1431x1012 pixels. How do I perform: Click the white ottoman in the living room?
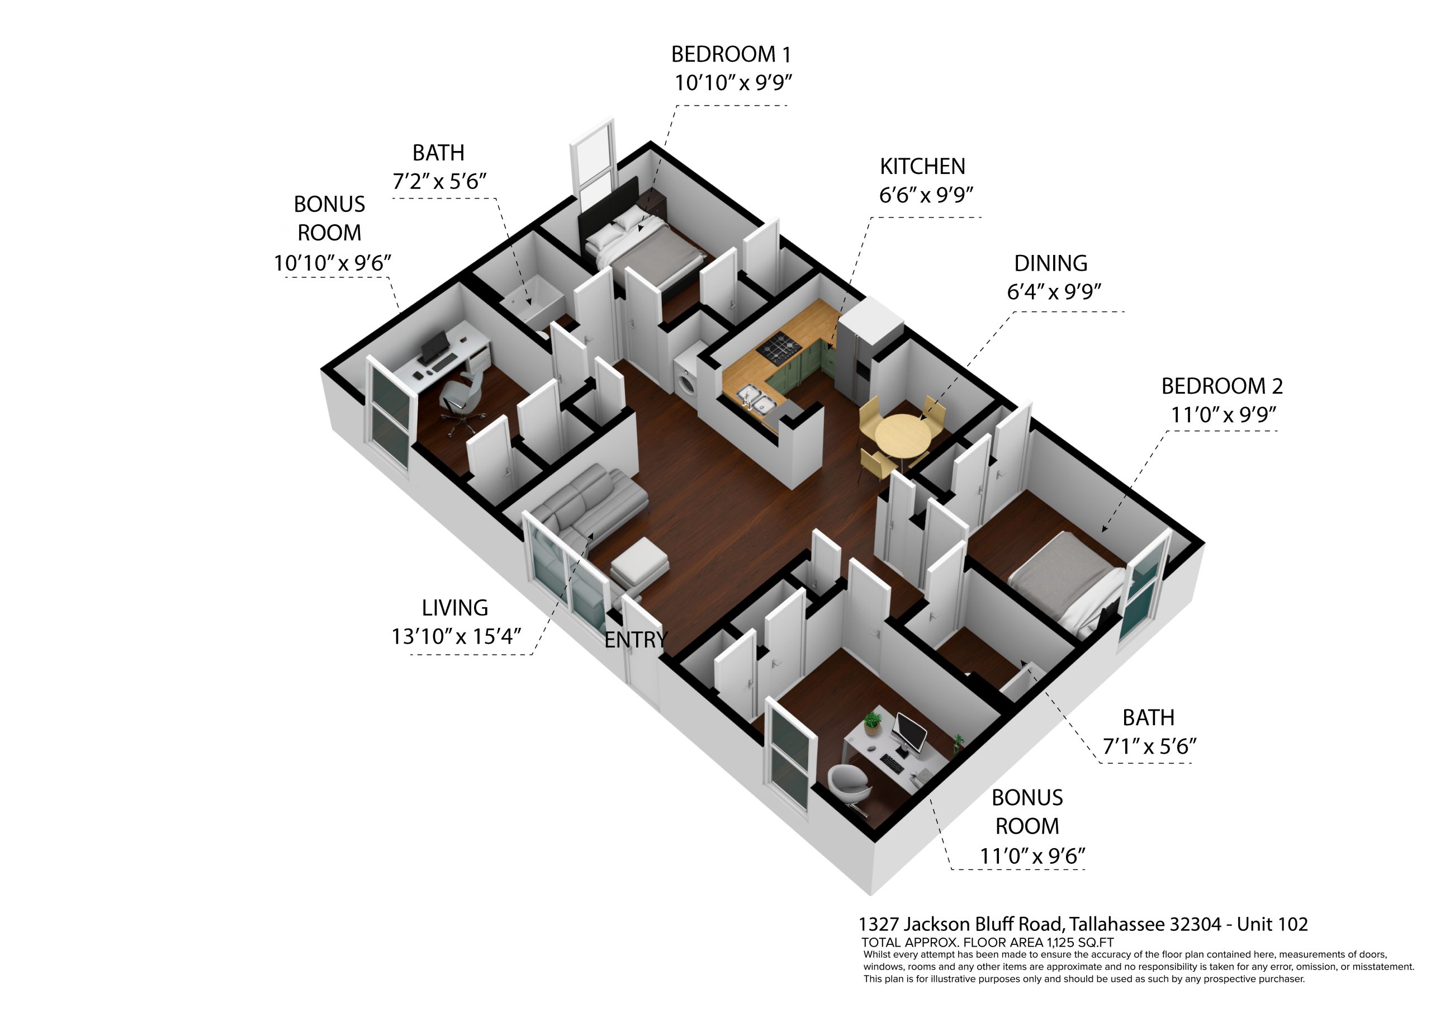click(640, 562)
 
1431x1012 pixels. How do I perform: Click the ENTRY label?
click(635, 640)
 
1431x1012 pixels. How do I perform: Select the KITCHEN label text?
click(922, 167)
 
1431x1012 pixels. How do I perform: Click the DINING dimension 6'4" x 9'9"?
click(1054, 291)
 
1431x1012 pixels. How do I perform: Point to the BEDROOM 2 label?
click(1222, 386)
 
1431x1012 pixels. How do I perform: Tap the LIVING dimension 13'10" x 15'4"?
click(456, 636)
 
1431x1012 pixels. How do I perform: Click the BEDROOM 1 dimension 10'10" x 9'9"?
click(733, 82)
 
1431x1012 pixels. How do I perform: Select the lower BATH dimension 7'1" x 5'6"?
click(1149, 746)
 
